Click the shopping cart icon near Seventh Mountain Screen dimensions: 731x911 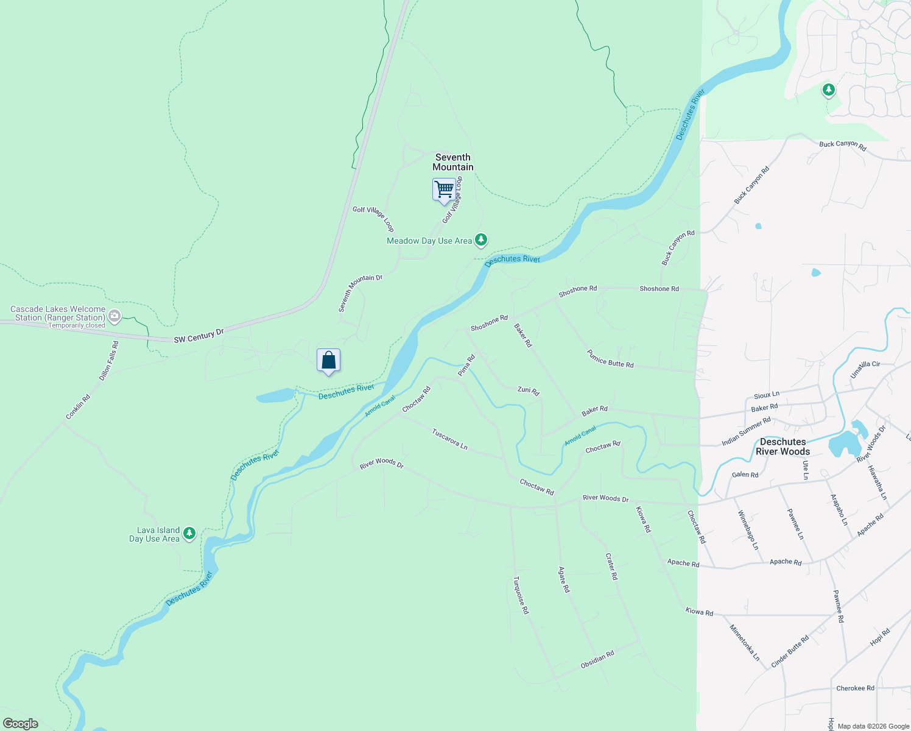coord(444,189)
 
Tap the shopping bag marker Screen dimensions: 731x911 coord(328,360)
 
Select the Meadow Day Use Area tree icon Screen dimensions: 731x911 coord(481,240)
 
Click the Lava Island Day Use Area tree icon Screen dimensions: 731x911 coord(189,534)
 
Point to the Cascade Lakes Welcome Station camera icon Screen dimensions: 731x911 coord(114,316)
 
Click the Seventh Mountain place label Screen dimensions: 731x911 coord(453,162)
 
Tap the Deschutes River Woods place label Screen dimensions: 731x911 coord(783,447)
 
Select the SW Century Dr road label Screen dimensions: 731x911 coord(199,336)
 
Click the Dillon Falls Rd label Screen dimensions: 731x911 coord(109,361)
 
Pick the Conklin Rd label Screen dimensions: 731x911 coord(78,407)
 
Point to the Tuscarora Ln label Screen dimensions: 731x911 coord(449,439)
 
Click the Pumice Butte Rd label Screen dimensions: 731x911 coord(610,358)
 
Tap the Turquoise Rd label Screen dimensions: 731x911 coord(521,595)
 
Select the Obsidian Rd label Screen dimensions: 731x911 coord(597,660)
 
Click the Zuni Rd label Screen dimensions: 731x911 coord(528,390)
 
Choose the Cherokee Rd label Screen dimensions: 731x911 coord(855,688)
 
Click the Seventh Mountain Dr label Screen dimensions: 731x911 coord(361,294)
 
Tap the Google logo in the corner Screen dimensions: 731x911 coord(21,724)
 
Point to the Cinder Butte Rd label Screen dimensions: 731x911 coord(790,652)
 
